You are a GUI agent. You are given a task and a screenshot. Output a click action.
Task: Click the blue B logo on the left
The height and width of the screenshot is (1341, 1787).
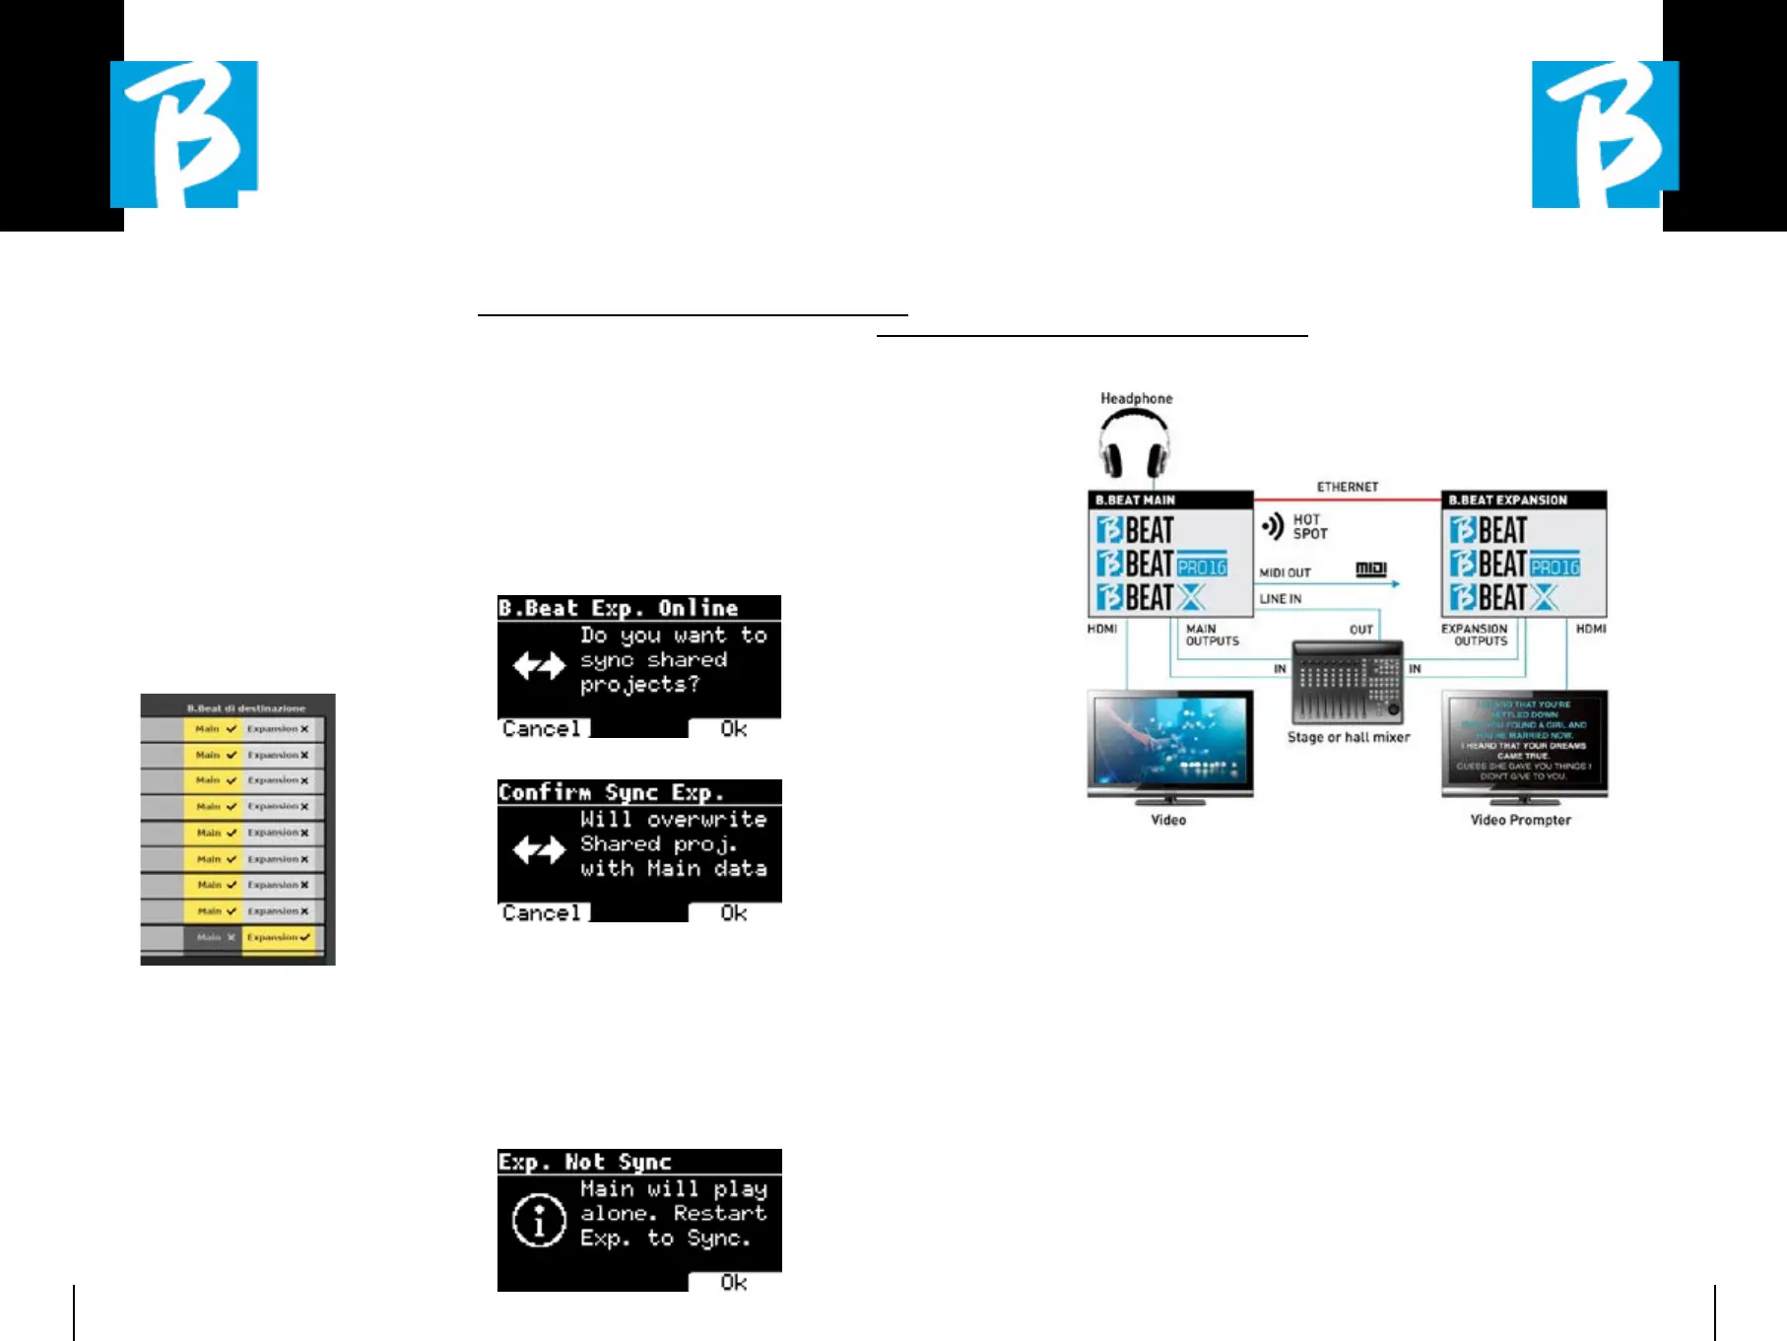point(184,134)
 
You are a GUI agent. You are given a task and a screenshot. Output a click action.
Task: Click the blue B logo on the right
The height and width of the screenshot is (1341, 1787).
point(1605,134)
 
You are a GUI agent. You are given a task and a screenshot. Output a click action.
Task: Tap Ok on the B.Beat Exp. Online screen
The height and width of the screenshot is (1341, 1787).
point(734,729)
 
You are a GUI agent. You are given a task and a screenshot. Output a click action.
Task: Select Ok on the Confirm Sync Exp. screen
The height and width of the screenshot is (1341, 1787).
point(734,913)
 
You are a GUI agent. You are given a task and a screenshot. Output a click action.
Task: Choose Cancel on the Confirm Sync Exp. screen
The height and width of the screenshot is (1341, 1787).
point(542,913)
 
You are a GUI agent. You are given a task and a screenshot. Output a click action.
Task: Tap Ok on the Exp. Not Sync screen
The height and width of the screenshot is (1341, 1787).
point(734,1283)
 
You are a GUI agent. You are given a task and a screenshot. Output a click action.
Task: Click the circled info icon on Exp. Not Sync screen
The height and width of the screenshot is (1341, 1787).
point(539,1223)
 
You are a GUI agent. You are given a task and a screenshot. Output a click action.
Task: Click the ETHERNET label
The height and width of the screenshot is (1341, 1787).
point(1348,487)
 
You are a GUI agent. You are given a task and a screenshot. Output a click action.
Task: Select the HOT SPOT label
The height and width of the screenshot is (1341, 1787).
point(1309,526)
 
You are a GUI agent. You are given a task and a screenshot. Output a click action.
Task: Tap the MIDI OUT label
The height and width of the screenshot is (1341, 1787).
point(1285,572)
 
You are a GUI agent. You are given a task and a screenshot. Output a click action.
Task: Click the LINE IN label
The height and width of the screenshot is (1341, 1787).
point(1280,599)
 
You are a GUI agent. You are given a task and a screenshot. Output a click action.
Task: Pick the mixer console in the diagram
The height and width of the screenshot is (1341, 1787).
point(1347,683)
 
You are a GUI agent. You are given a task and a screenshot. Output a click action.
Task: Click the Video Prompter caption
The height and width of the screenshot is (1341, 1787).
point(1520,820)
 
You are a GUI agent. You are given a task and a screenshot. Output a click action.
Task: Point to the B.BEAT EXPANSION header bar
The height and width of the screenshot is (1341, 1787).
point(1523,500)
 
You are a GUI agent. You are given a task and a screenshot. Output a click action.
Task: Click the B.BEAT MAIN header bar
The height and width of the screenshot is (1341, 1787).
point(1170,500)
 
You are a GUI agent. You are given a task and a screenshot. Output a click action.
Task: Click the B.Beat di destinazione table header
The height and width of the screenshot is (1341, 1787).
point(246,707)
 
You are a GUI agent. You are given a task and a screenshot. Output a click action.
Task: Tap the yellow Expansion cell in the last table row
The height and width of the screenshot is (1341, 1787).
point(278,937)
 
